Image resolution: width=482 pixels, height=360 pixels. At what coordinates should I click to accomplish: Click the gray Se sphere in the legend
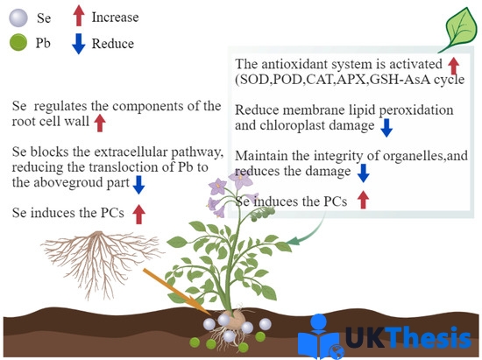(18, 18)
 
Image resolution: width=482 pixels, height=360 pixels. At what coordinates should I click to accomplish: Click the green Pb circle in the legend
(18, 42)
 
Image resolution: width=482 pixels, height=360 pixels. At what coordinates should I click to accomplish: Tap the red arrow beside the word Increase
(79, 16)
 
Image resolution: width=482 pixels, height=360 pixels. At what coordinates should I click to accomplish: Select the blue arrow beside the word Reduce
(79, 44)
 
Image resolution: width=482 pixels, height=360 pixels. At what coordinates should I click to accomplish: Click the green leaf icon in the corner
(458, 30)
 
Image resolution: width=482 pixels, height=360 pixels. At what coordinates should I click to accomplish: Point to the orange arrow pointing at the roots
(177, 292)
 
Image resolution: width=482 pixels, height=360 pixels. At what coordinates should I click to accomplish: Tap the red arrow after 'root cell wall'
(100, 124)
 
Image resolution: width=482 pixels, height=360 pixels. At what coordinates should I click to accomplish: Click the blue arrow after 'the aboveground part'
(138, 185)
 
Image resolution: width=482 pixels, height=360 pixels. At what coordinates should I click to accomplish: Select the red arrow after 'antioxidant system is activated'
(453, 66)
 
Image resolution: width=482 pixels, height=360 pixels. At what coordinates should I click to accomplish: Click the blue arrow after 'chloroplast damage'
(386, 128)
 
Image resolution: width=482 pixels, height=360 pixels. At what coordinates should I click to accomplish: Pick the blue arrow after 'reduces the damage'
(364, 173)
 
